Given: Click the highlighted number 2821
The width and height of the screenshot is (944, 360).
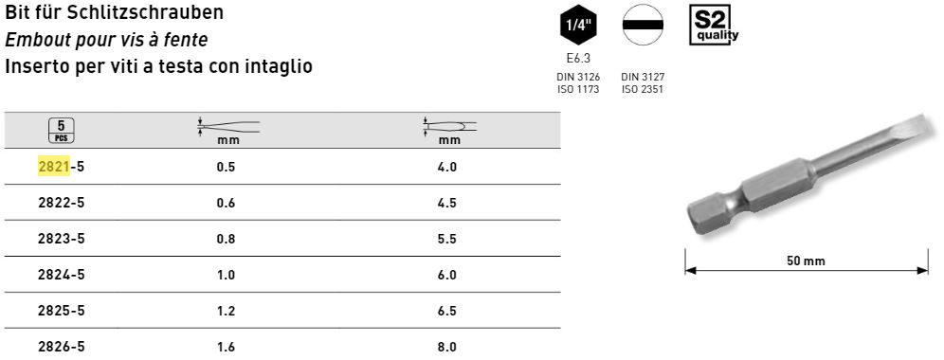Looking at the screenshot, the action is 54,167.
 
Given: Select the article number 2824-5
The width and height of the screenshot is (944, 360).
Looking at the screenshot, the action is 61,275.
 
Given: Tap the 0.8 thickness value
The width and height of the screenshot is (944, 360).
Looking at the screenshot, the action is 226,239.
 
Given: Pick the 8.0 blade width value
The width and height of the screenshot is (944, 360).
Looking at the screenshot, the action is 447,348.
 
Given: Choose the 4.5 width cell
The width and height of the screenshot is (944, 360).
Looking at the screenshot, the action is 447,203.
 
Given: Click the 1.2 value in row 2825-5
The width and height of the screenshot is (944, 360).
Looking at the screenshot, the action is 226,312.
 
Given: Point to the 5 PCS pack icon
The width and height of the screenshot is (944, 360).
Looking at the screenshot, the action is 61,130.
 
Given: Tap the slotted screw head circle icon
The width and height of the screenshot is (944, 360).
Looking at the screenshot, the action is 643,25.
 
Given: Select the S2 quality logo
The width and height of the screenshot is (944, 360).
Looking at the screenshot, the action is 714,26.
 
